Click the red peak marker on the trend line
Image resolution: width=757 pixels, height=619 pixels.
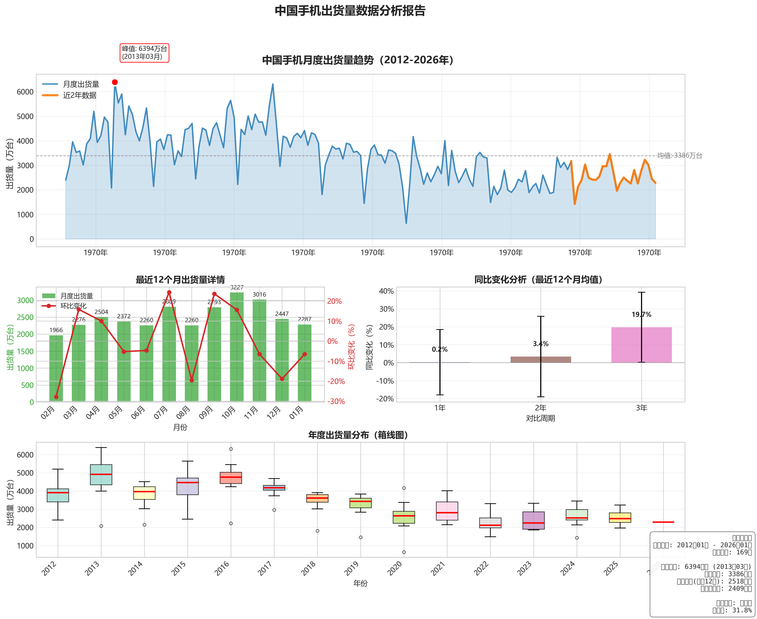[x=115, y=82]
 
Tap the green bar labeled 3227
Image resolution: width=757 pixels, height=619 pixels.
[x=237, y=346]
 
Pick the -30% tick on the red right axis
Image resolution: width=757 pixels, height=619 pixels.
[x=336, y=402]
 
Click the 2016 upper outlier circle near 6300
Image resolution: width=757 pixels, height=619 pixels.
[x=231, y=449]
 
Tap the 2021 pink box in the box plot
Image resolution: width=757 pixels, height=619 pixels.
[x=447, y=511]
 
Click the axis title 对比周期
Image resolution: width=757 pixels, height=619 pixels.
[x=540, y=418]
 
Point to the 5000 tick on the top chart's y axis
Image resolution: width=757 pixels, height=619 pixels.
[x=25, y=116]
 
